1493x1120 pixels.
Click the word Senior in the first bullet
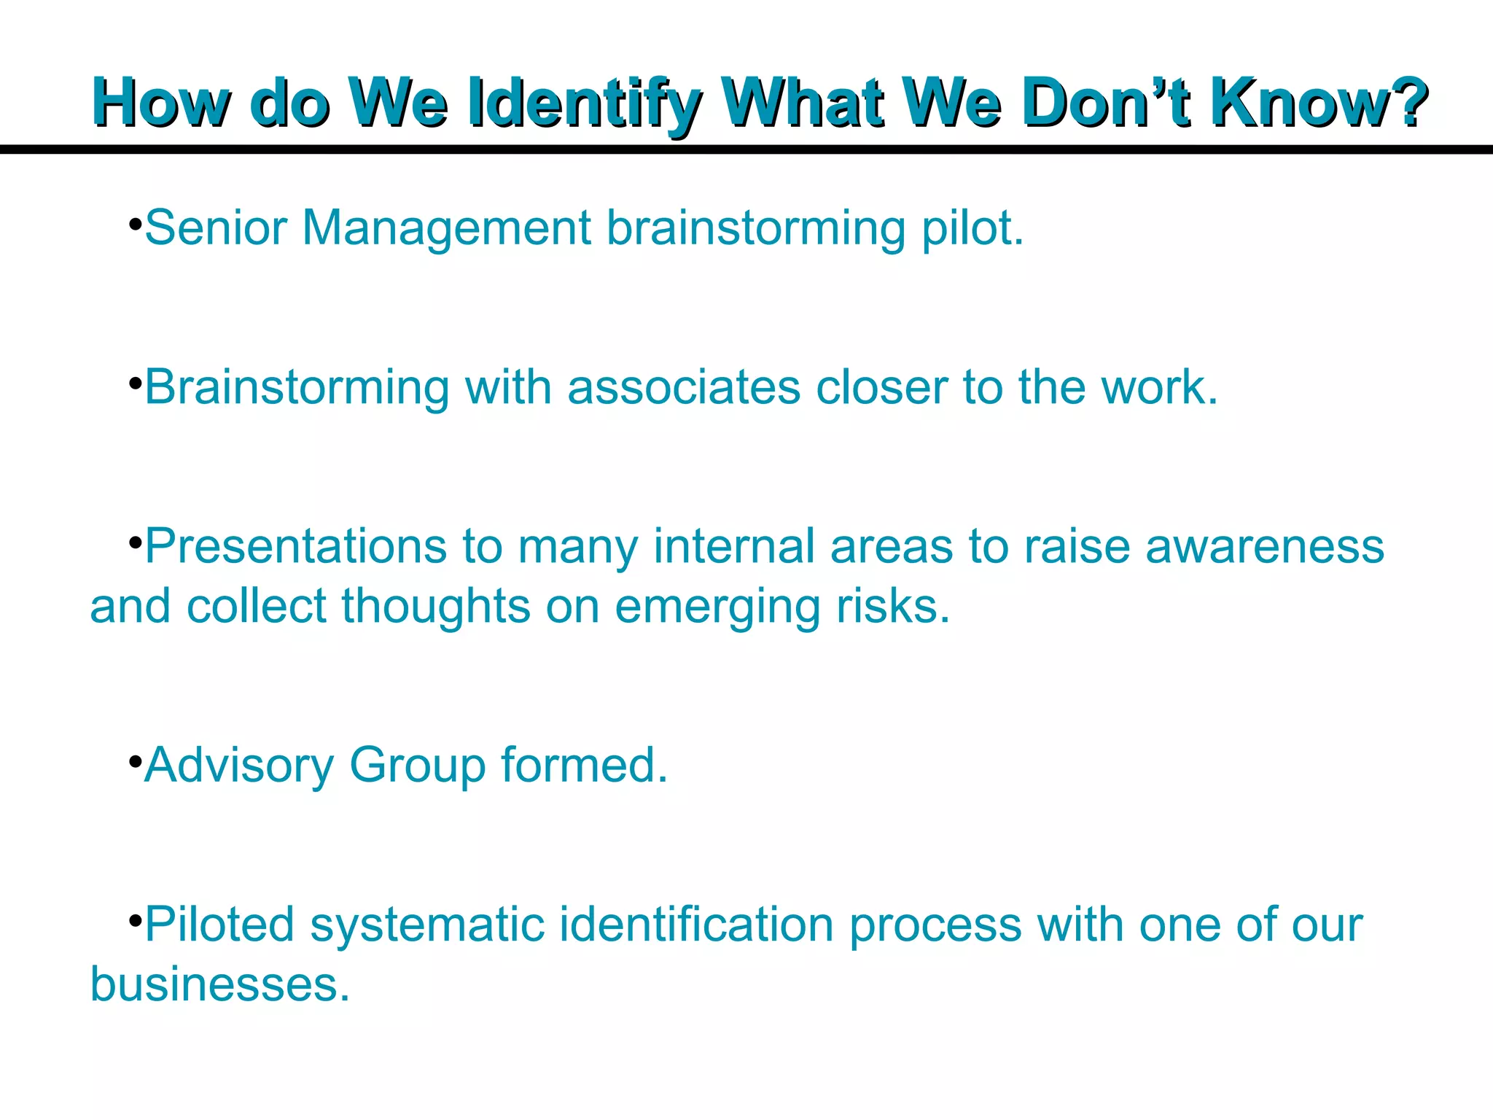216,227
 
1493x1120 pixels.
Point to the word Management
446,227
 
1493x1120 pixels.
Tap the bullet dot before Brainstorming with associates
134,382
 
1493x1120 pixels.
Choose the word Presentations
295,546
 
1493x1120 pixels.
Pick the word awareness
1264,546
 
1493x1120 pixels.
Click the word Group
417,766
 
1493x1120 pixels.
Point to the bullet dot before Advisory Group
134,761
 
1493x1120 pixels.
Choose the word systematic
427,924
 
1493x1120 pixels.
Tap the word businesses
219,984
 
